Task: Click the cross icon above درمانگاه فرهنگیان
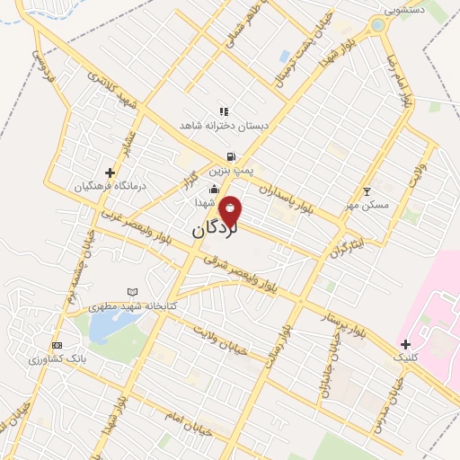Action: [110, 172]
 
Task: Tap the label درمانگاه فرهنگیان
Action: [110, 185]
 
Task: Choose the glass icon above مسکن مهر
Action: [367, 191]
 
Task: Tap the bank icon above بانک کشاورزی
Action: [57, 346]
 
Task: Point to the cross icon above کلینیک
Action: [406, 344]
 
